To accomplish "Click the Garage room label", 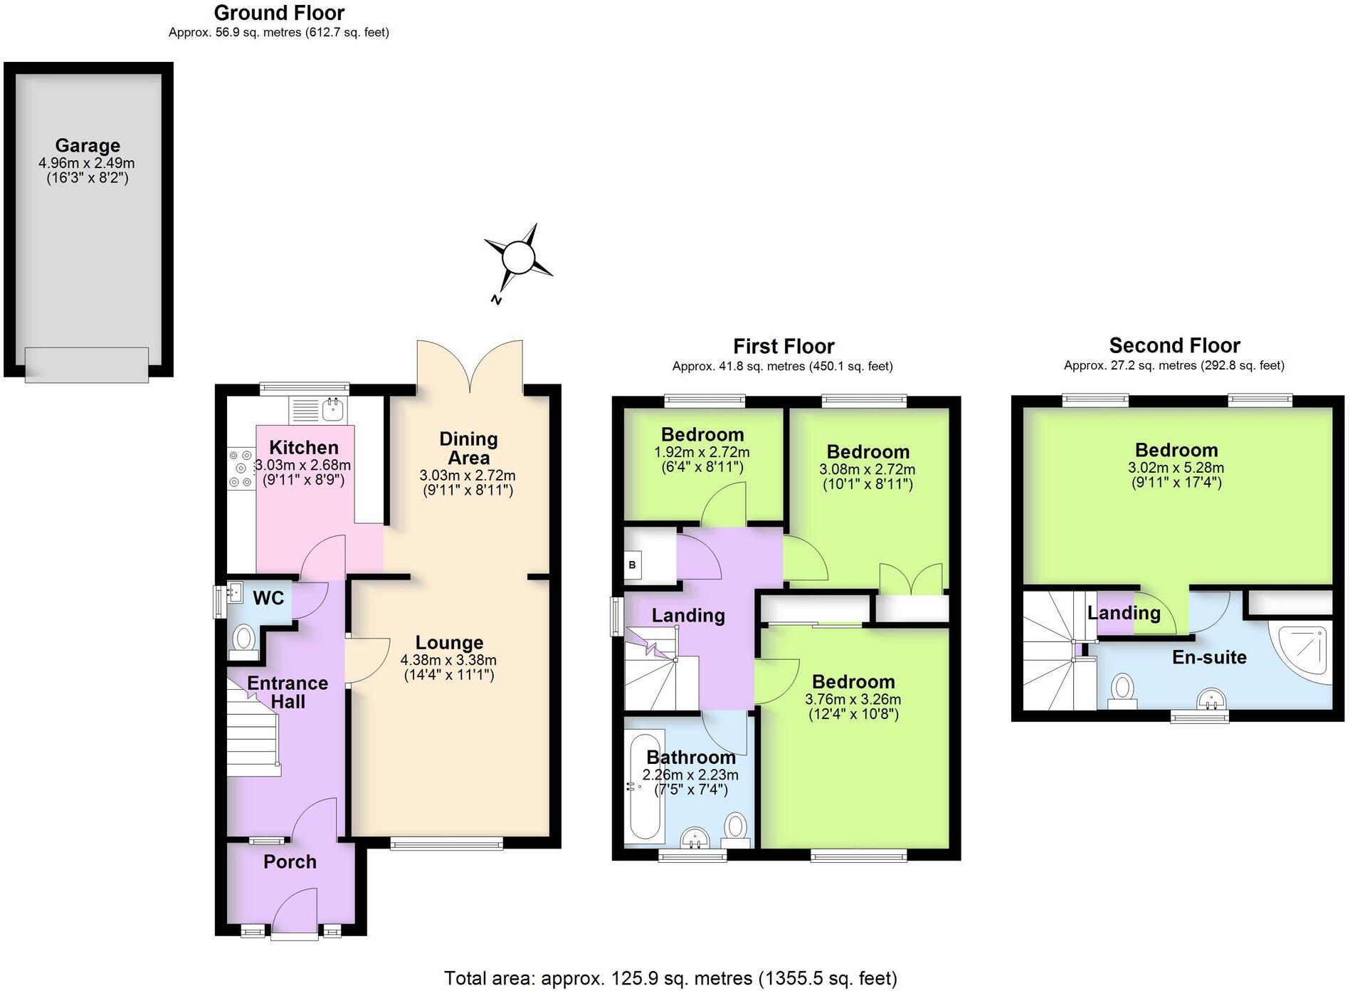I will pyautogui.click(x=88, y=146).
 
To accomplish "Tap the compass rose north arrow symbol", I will pyautogui.click(x=518, y=258).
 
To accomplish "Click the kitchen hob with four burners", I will pyautogui.click(x=241, y=468).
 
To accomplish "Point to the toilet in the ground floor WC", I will pyautogui.click(x=244, y=638).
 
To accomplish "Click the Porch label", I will pyautogui.click(x=290, y=862).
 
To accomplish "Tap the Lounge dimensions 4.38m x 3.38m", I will pyautogui.click(x=448, y=659).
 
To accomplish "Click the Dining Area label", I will pyautogui.click(x=468, y=449).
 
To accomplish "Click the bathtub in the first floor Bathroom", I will pyautogui.click(x=645, y=787).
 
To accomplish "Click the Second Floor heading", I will pyautogui.click(x=1174, y=346).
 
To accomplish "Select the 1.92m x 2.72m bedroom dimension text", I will pyautogui.click(x=702, y=452).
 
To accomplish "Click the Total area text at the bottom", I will pyautogui.click(x=670, y=978).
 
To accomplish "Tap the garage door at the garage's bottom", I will pyautogui.click(x=87, y=365).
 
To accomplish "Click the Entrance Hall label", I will pyautogui.click(x=288, y=692).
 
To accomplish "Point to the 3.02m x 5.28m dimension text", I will pyautogui.click(x=1176, y=468).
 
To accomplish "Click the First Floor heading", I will pyautogui.click(x=784, y=347).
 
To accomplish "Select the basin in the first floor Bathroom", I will pyautogui.click(x=695, y=838).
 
